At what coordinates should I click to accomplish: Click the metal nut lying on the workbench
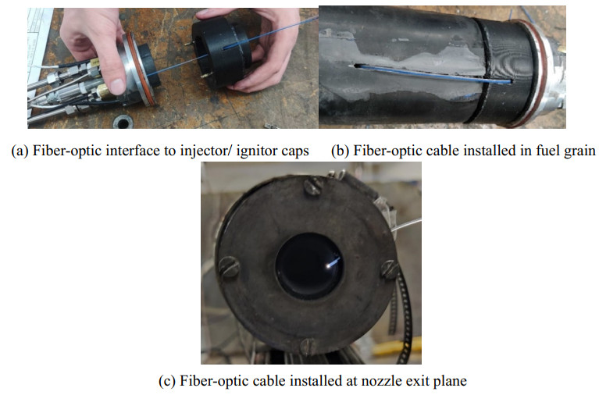tap(123, 123)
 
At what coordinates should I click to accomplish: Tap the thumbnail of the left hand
tap(117, 86)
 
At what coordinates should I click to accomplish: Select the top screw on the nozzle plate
tap(312, 187)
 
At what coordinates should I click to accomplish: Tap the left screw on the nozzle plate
tap(229, 266)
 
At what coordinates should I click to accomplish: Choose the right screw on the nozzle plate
tap(390, 269)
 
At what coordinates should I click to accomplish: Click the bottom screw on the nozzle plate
tap(308, 346)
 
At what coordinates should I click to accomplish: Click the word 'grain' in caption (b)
tap(579, 151)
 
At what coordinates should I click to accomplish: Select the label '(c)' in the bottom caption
tap(167, 381)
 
